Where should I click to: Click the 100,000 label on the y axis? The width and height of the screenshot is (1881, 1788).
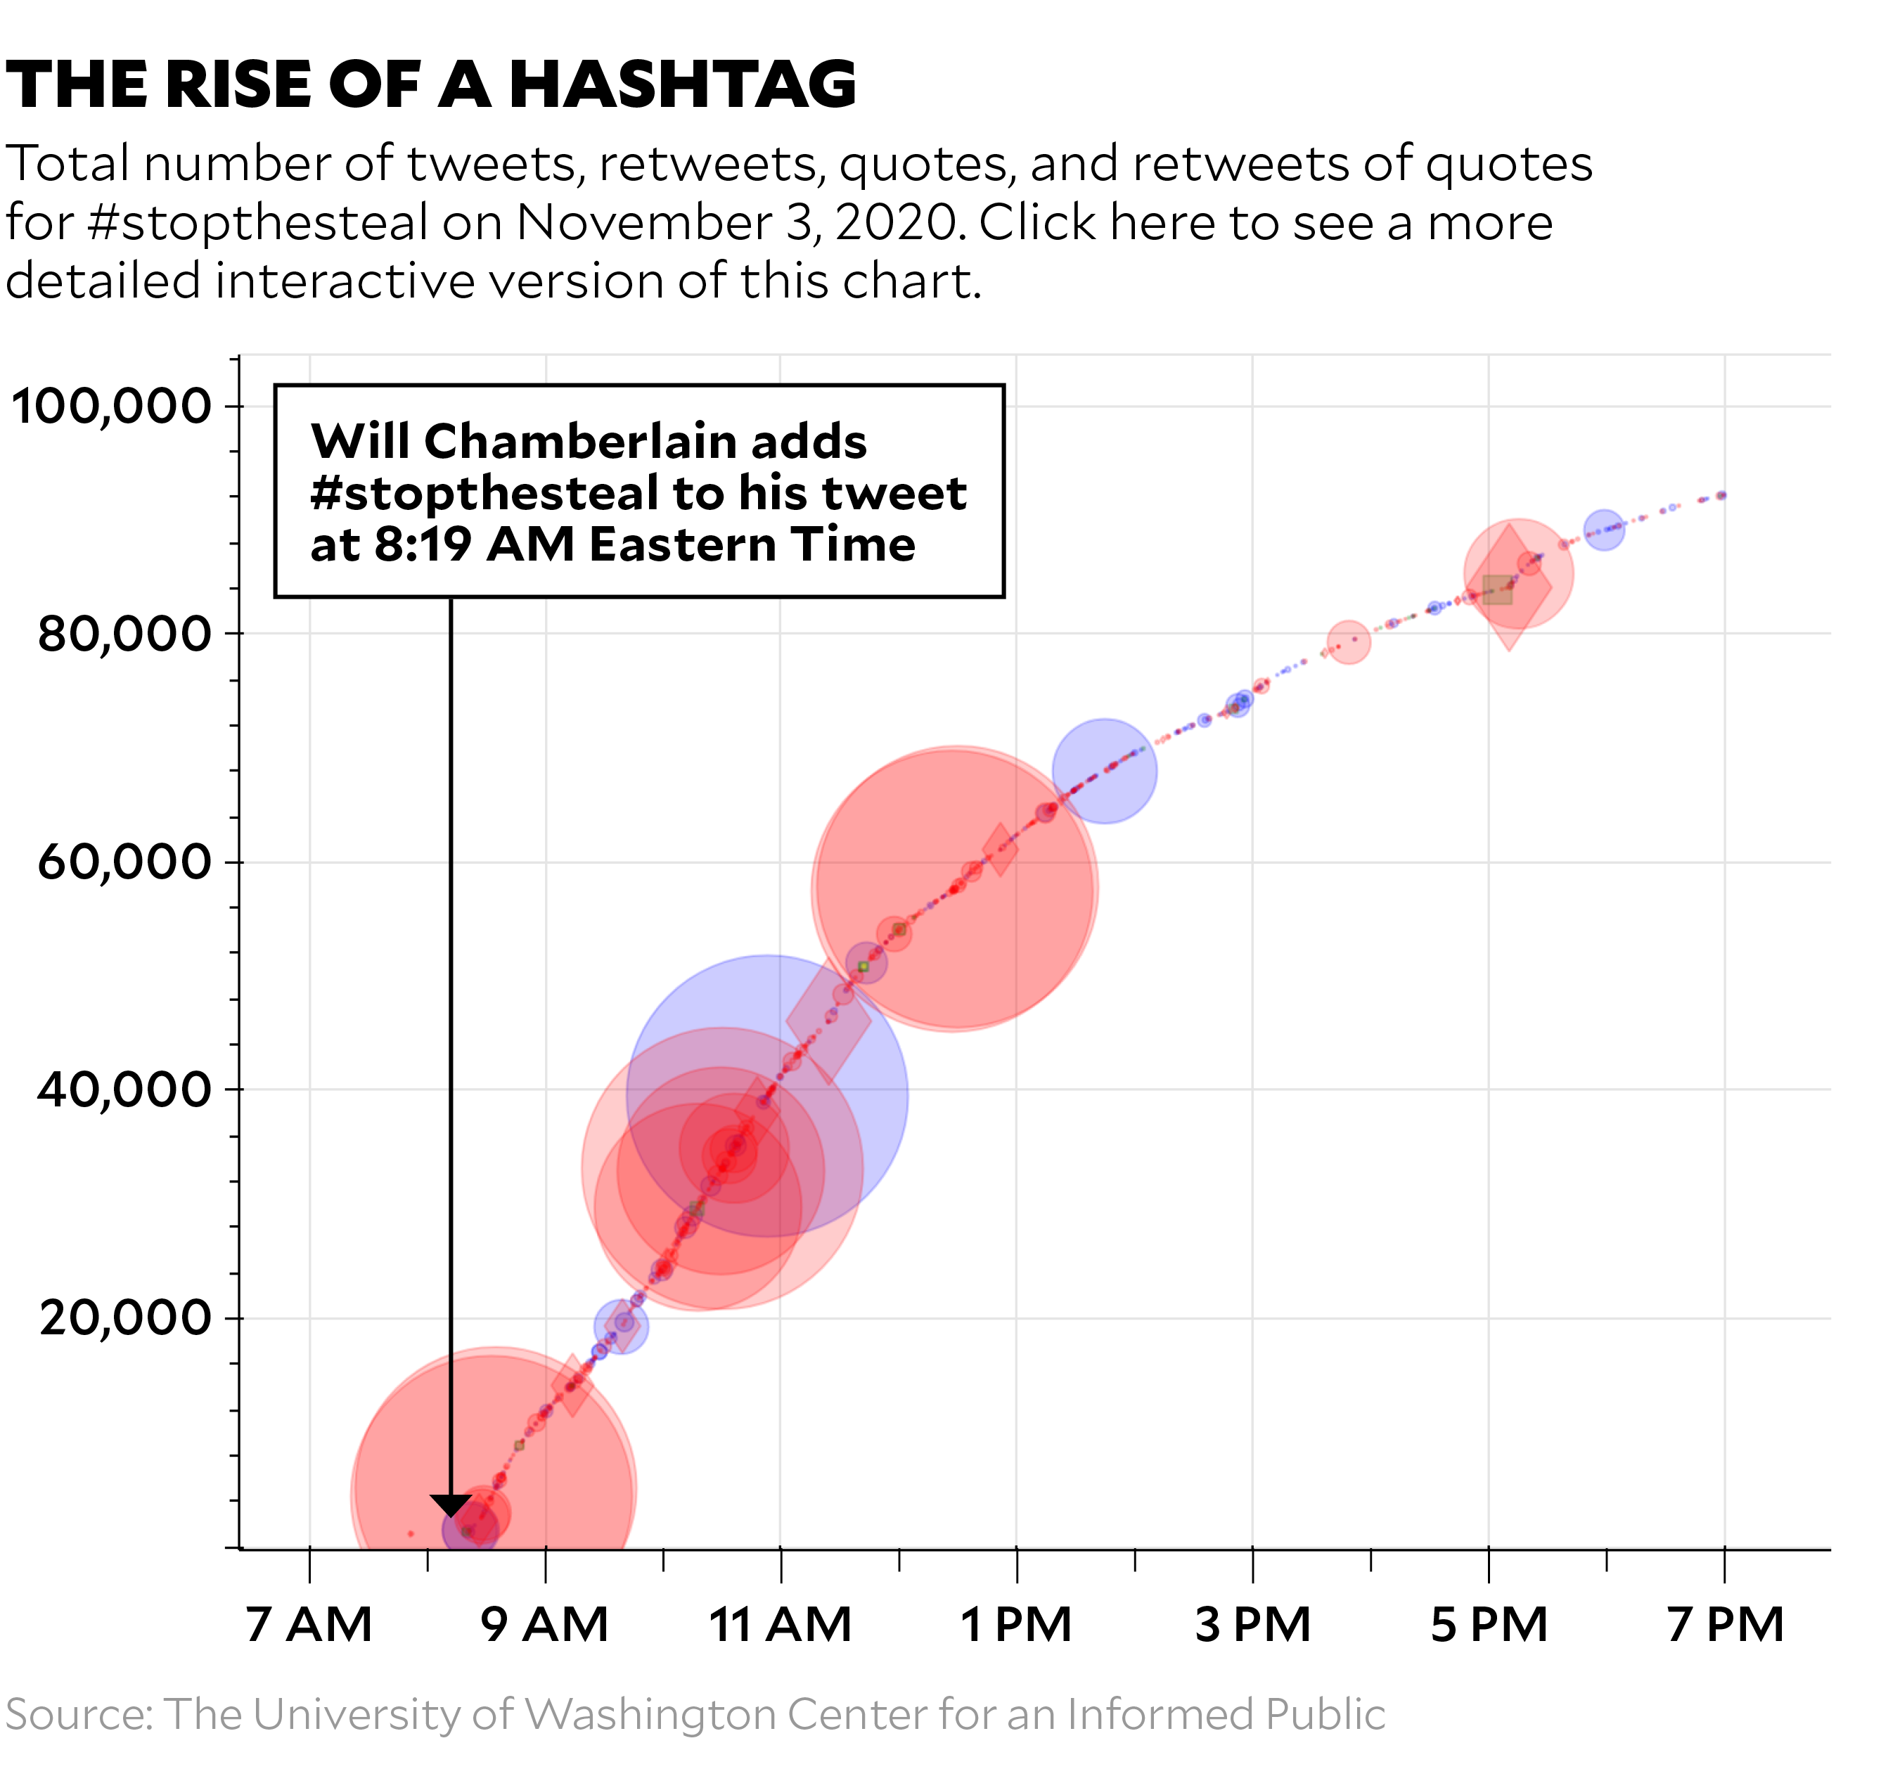[110, 407]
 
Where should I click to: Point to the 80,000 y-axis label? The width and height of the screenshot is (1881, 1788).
[124, 634]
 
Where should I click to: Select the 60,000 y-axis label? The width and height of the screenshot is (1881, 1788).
[124, 862]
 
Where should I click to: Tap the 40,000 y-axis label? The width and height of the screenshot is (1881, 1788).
[124, 1090]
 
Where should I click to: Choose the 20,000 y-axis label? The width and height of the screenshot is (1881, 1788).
[124, 1318]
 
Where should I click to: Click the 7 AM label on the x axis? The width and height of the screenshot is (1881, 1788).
[309, 1625]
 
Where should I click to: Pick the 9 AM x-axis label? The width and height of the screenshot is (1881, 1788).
[545, 1625]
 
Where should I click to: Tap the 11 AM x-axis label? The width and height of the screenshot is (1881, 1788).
[781, 1625]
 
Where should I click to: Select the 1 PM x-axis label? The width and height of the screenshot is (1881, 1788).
[1016, 1625]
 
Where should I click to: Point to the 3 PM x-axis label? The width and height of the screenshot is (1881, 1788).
[1252, 1625]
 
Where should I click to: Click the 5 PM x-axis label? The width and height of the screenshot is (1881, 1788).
[1489, 1625]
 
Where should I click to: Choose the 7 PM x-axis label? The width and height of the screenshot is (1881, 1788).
[1725, 1625]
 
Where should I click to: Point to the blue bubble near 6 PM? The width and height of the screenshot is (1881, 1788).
[1604, 530]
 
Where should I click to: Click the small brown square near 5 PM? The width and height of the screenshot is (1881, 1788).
[1497, 590]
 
